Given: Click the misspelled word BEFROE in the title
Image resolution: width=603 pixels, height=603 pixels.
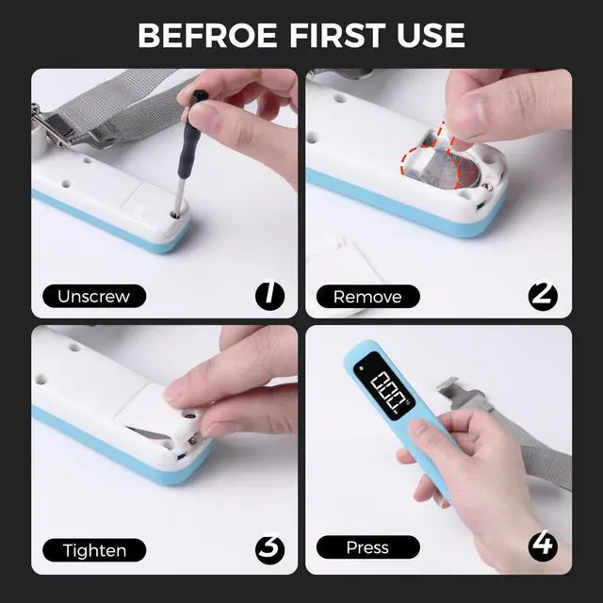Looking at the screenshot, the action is pyautogui.click(x=207, y=36).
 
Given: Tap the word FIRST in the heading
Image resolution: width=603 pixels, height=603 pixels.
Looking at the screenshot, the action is pyautogui.click(x=337, y=36).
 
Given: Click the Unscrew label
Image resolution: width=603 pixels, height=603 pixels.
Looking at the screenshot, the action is pyautogui.click(x=94, y=296).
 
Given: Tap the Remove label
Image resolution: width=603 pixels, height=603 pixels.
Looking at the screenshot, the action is pyautogui.click(x=368, y=297).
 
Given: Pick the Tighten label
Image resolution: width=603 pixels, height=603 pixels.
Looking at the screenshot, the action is pyautogui.click(x=94, y=550).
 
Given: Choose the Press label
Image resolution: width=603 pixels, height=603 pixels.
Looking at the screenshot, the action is pyautogui.click(x=368, y=547).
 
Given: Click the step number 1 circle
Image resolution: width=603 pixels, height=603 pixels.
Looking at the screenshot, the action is pyautogui.click(x=270, y=295).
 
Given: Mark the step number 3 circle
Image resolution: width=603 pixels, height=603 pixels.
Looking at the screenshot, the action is pyautogui.click(x=270, y=549).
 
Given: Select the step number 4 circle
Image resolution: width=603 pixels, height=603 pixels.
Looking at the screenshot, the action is pyautogui.click(x=543, y=546).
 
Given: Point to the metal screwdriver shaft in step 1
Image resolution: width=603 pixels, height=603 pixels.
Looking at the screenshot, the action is pyautogui.click(x=179, y=196).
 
